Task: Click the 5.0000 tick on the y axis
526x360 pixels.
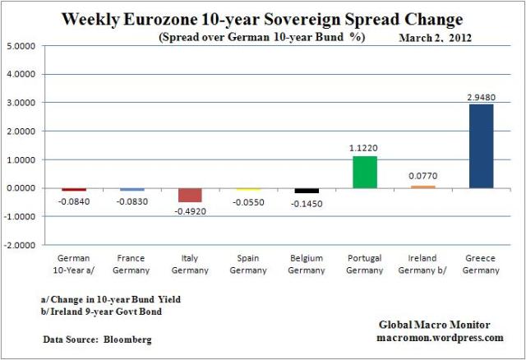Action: coord(21,45)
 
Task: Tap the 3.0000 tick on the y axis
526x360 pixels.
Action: coord(21,102)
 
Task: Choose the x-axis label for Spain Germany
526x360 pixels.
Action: coord(248,265)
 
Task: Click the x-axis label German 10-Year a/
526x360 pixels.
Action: coord(74,265)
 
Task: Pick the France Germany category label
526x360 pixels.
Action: coord(131,265)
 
